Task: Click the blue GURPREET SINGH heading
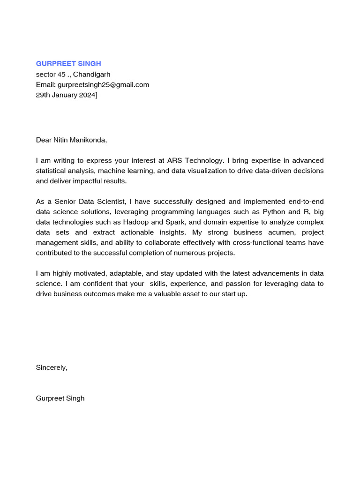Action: click(68, 64)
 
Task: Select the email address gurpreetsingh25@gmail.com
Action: click(103, 85)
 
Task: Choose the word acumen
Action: click(276, 232)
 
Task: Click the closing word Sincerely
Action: click(52, 367)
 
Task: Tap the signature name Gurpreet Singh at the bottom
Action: click(60, 398)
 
